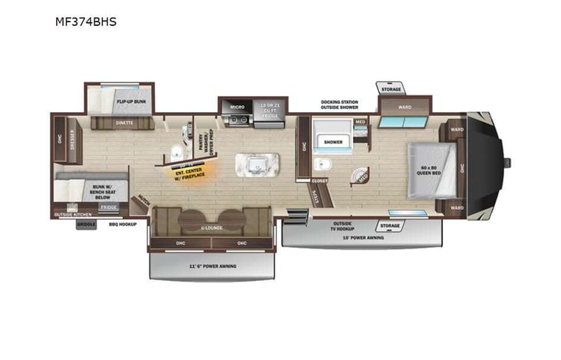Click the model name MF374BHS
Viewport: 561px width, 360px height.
coord(85,21)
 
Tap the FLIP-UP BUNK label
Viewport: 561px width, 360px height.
coord(130,101)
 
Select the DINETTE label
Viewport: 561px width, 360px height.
coord(124,122)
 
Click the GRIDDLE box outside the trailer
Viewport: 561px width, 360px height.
coord(86,224)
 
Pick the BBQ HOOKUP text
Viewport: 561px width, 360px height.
coord(123,224)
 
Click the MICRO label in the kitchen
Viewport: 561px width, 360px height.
coord(237,107)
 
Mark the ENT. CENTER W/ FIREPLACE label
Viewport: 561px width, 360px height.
coord(187,170)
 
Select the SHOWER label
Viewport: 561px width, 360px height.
coord(333,142)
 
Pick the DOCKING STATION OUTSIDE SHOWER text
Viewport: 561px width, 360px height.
coord(339,104)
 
